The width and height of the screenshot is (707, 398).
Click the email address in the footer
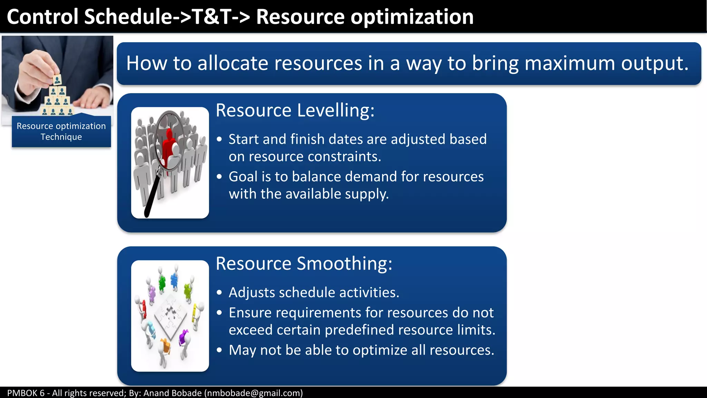click(x=253, y=393)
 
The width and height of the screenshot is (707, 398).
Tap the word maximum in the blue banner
click(x=569, y=63)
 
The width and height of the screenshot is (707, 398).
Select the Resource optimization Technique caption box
click(x=61, y=132)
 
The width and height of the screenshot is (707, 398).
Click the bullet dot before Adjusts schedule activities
click(x=219, y=293)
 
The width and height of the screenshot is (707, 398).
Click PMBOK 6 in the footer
click(x=26, y=393)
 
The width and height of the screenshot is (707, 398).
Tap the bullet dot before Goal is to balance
click(x=219, y=177)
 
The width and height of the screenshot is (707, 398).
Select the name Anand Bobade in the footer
click(x=172, y=393)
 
